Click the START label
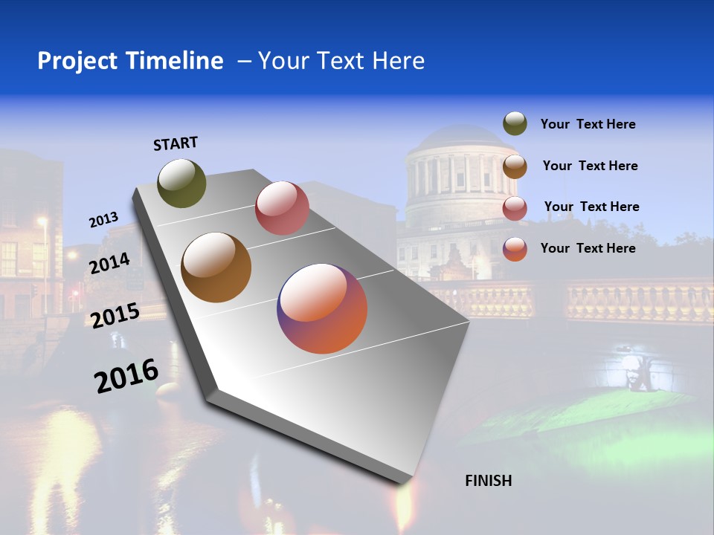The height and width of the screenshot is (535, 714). coord(176,143)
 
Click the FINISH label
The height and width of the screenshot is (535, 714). coord(488,481)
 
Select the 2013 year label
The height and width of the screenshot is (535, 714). coord(103,220)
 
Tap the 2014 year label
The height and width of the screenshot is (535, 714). coord(110,263)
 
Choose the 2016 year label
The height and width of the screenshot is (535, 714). coord(126,376)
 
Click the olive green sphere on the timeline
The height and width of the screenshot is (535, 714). coord(182,183)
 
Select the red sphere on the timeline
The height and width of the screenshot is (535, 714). coord(282,207)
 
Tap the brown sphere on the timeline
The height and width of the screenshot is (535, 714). coord(216,267)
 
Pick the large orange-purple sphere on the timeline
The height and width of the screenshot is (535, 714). coord(322,308)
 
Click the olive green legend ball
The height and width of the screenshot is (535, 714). coord(515,124)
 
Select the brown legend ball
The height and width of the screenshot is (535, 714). coord(515,166)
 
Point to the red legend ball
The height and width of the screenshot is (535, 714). coord(515,208)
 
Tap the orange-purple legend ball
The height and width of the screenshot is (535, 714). coord(515,249)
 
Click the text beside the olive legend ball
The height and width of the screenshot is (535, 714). coord(588,125)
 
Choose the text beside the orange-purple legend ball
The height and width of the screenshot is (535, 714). coord(588,248)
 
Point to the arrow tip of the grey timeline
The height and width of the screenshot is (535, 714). coord(406,481)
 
